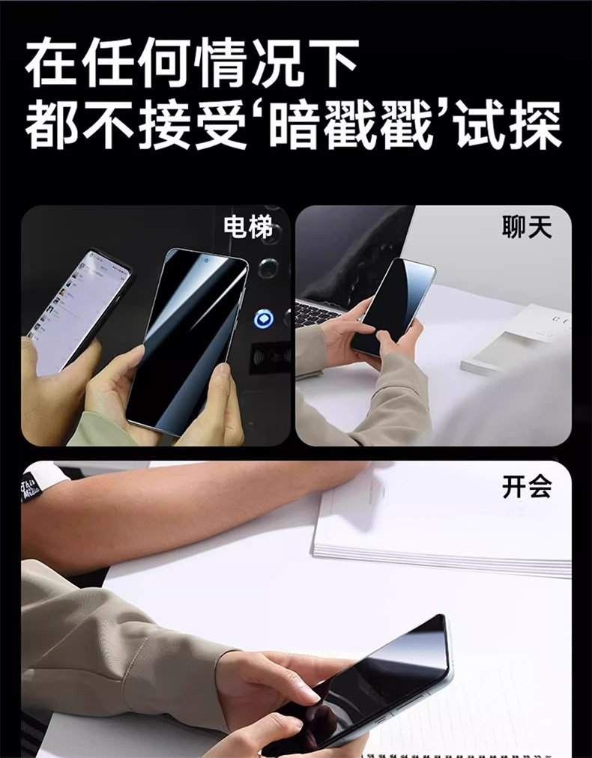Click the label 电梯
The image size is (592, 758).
248,227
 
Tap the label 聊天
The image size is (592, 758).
527,227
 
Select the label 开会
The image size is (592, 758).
527,487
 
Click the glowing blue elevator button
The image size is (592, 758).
264,319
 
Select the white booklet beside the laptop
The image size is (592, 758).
513,339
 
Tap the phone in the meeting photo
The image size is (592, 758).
368,686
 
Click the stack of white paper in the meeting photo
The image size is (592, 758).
443,522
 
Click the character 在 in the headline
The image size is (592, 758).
50,63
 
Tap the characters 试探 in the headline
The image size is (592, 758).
510,125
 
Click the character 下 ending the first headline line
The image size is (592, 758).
333,63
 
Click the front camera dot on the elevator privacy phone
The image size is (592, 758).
206,261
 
